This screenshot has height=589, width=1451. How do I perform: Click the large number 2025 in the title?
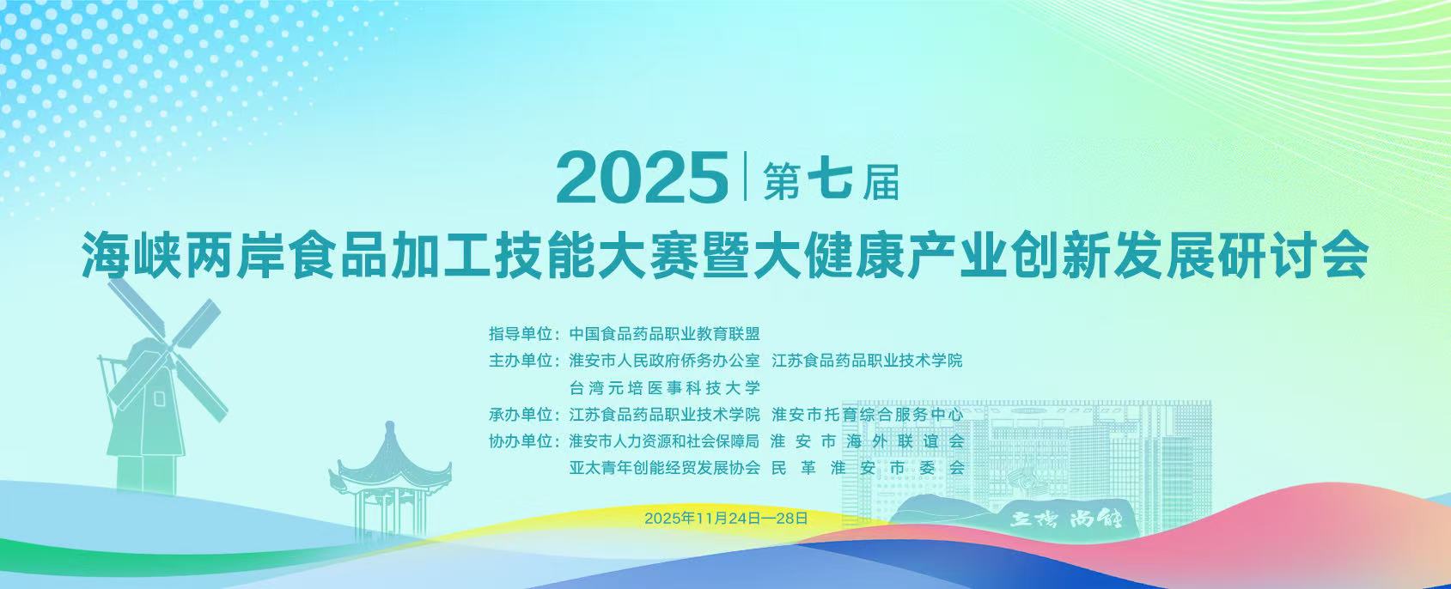coord(641,178)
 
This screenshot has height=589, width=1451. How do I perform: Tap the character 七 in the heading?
coord(830,180)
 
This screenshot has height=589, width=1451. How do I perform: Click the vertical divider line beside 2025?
coord(746,175)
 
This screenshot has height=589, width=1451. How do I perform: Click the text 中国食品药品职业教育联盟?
coord(665,334)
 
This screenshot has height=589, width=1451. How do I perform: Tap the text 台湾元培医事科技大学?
coord(665,388)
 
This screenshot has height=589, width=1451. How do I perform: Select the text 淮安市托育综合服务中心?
coord(868,414)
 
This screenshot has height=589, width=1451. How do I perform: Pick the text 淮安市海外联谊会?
coord(868,441)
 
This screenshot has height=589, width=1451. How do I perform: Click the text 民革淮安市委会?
coord(868,467)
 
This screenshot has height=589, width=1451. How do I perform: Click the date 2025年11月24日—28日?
coord(726,519)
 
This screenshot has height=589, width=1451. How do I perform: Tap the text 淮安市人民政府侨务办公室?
coord(665,361)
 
